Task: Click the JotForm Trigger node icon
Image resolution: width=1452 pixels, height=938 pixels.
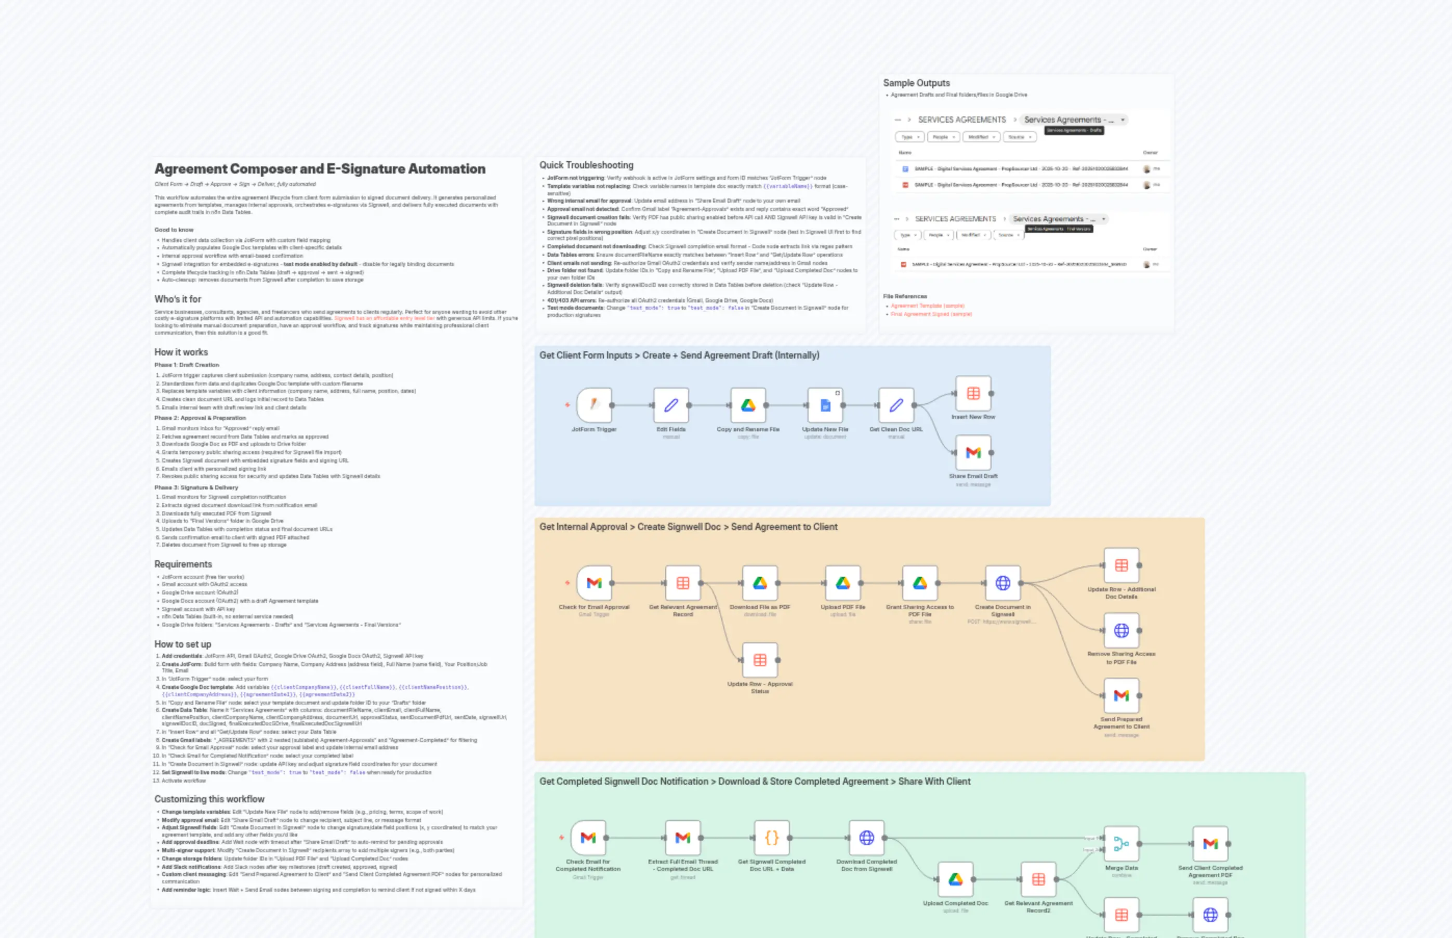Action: coord(594,405)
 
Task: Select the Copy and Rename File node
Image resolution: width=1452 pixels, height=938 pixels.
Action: coord(748,405)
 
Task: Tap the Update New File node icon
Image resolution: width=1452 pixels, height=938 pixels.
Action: coord(825,405)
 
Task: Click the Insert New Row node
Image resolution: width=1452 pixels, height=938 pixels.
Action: coord(973,393)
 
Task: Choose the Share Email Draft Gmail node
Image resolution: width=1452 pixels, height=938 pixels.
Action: coord(973,453)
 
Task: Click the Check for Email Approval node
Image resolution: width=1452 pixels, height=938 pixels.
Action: coord(594,583)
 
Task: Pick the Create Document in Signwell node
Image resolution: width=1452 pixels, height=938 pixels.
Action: coord(1002,583)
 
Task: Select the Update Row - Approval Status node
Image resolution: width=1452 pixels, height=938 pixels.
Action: coord(759,659)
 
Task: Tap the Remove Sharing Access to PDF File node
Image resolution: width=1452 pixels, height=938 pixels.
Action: coord(1121,630)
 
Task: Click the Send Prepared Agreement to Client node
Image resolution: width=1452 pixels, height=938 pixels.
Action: coord(1121,696)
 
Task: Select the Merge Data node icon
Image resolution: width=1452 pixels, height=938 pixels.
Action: coord(1121,843)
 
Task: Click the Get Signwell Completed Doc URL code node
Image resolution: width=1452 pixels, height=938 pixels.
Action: coord(772,838)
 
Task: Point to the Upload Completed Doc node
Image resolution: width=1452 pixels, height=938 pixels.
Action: coord(955,879)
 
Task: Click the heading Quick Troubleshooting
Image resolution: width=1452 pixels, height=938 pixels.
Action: coord(586,165)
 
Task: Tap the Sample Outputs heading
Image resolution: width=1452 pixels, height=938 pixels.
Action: coord(916,83)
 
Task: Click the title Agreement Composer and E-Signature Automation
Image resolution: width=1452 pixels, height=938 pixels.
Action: coord(320,169)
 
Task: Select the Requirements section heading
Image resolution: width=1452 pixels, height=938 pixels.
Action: coord(183,564)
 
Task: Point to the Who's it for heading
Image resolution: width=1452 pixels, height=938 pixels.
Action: coord(177,299)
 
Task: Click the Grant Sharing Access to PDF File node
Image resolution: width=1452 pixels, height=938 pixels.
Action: coord(920,583)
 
